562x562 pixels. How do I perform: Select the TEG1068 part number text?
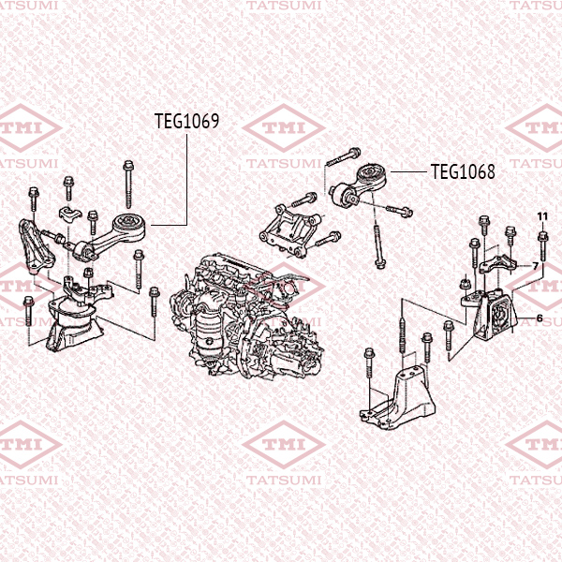462,171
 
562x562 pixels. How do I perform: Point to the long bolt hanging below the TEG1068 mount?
376,240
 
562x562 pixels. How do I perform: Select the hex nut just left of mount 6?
466,280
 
